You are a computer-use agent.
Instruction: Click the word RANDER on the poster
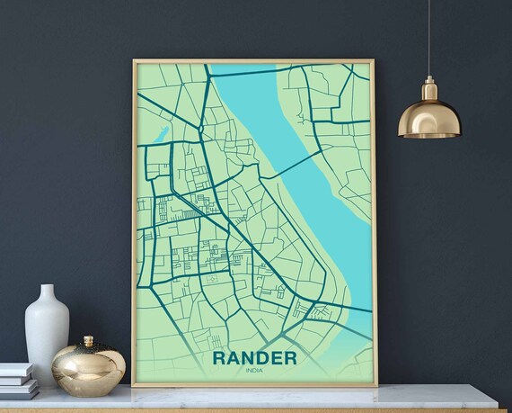point(254,358)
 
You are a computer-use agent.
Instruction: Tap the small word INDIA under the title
point(254,373)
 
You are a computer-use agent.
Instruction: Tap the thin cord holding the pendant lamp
point(428,36)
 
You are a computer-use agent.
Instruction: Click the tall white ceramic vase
point(47,337)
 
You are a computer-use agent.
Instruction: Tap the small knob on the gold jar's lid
point(88,340)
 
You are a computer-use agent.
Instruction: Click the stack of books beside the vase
point(18,382)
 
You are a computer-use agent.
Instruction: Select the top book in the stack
point(16,370)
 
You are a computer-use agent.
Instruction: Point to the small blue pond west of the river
point(164,134)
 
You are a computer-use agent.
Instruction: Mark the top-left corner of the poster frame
point(134,61)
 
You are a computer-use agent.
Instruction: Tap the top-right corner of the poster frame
point(375,61)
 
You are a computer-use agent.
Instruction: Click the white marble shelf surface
point(269,399)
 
